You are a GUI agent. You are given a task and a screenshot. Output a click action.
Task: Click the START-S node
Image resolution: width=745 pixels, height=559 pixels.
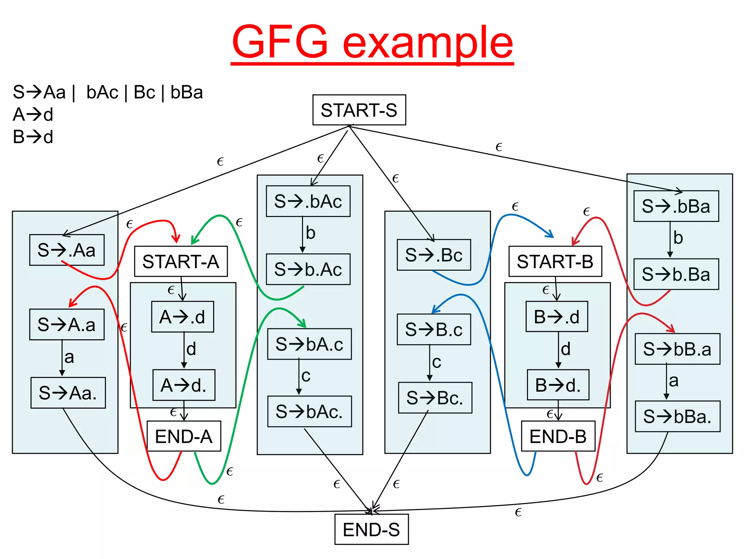click(x=359, y=110)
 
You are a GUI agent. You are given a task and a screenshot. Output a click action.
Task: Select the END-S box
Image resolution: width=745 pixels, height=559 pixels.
click(x=371, y=530)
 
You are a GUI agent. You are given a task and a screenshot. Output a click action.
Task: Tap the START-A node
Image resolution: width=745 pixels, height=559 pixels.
click(x=181, y=261)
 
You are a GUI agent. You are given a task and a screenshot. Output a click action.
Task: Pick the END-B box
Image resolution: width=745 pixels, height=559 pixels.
click(x=558, y=436)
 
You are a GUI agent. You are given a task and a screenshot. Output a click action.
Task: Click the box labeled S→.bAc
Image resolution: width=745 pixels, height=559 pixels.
click(x=308, y=201)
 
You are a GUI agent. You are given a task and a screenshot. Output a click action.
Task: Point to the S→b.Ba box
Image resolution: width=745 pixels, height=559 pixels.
click(x=676, y=274)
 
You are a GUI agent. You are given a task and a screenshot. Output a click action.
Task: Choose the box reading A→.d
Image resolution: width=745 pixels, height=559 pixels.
click(x=183, y=317)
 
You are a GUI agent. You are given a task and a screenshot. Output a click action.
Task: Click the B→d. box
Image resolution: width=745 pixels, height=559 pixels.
click(x=558, y=385)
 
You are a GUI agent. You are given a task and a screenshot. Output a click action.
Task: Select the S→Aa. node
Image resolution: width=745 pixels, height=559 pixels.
click(x=68, y=393)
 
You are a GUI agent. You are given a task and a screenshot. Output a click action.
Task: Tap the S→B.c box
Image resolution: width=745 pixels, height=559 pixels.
click(x=434, y=329)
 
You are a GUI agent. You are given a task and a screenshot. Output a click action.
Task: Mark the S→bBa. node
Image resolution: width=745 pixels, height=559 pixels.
click(x=677, y=416)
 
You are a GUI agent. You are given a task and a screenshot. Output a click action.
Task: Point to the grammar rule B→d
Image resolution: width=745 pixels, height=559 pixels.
click(x=33, y=137)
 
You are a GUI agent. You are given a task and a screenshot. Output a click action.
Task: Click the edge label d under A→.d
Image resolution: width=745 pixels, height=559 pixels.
click(x=191, y=349)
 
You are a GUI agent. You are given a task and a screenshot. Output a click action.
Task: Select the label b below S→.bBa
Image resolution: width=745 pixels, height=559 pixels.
click(x=678, y=238)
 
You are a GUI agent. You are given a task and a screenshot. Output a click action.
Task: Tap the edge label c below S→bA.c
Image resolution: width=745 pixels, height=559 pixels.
click(x=306, y=376)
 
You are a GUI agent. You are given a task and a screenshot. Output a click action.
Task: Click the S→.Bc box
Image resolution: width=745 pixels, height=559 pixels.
click(x=434, y=255)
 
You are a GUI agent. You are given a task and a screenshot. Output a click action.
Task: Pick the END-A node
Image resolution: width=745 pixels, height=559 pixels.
click(x=184, y=436)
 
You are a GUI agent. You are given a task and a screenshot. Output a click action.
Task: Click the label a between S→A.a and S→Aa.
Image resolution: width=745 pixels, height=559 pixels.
click(x=69, y=357)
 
